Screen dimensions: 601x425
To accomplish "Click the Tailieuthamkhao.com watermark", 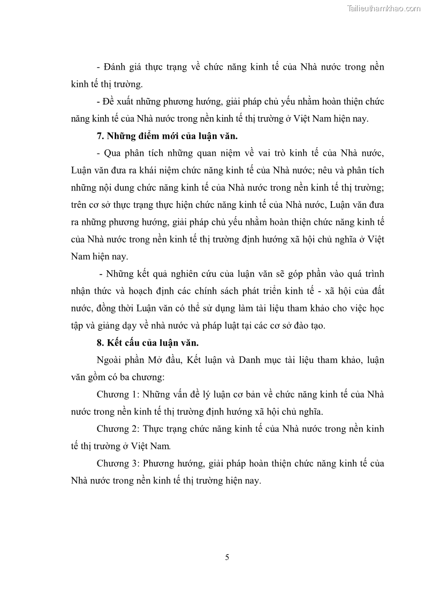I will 384,8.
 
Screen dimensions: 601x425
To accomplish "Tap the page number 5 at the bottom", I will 227,557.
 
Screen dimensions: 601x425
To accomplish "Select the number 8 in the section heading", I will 100,344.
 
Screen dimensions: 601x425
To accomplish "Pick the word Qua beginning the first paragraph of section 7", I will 114,154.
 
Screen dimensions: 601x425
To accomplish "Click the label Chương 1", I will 117,395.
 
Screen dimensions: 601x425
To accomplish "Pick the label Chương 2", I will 117,429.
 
